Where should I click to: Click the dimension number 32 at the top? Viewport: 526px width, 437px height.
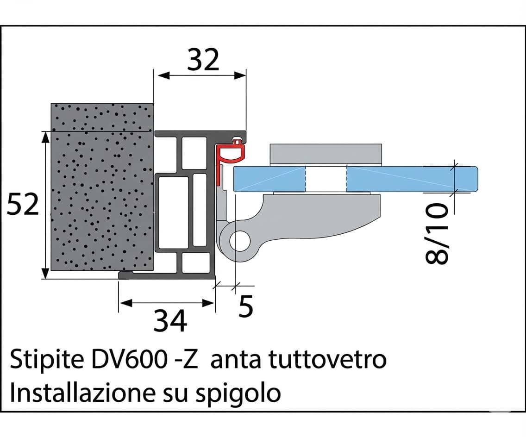(203, 60)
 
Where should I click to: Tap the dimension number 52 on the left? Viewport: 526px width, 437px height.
(23, 204)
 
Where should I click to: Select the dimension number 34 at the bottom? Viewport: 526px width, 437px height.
(170, 320)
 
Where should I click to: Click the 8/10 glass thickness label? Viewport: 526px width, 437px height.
(437, 233)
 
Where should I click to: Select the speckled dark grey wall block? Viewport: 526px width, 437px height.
(102, 187)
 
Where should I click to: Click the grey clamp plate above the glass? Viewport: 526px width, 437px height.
(326, 155)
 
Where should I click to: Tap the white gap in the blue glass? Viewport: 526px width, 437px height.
(326, 179)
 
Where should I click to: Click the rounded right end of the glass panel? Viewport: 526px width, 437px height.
(473, 180)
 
